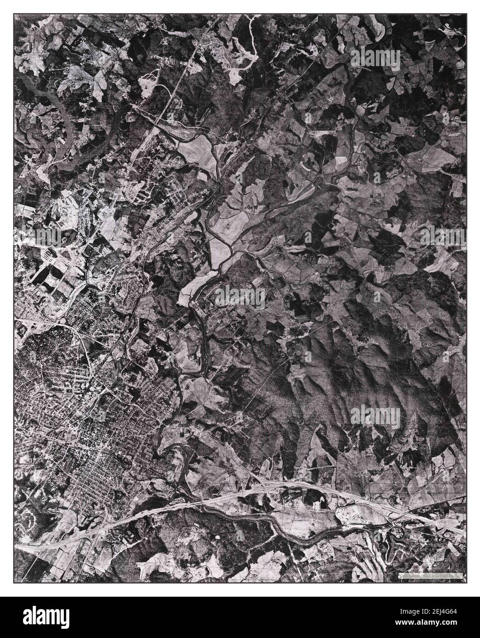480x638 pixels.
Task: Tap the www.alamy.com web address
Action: pos(435,623)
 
